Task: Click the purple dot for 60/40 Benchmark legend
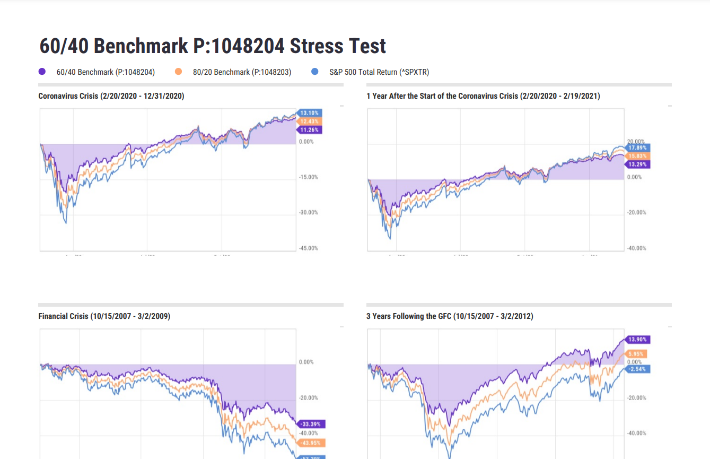pyautogui.click(x=42, y=72)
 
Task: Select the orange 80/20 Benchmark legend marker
pyautogui.click(x=179, y=72)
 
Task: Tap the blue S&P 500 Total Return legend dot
pyautogui.click(x=315, y=72)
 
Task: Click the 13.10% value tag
pyautogui.click(x=309, y=113)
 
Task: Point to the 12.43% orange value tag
pyautogui.click(x=309, y=122)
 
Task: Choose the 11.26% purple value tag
pyautogui.click(x=309, y=129)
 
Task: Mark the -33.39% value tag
pyautogui.click(x=311, y=425)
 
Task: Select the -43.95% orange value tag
pyautogui.click(x=311, y=443)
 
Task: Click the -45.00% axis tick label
pyautogui.click(x=308, y=248)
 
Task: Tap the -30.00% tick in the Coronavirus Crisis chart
pyautogui.click(x=308, y=213)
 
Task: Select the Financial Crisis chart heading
pyautogui.click(x=104, y=316)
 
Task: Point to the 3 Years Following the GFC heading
pyautogui.click(x=450, y=316)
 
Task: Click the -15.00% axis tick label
pyautogui.click(x=308, y=177)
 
